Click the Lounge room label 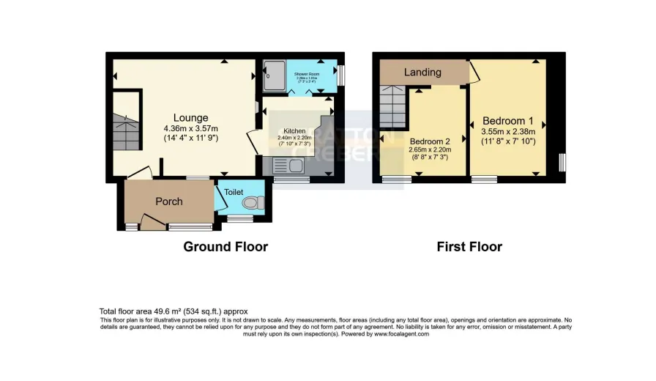(190, 118)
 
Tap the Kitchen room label (285, 129)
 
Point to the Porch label (168, 201)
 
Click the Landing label (423, 72)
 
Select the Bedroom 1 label (508, 121)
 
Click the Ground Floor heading (225, 247)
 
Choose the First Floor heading (469, 247)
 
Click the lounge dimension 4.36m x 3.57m (190, 128)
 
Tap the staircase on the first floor (392, 105)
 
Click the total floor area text (174, 311)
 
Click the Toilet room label (234, 192)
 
